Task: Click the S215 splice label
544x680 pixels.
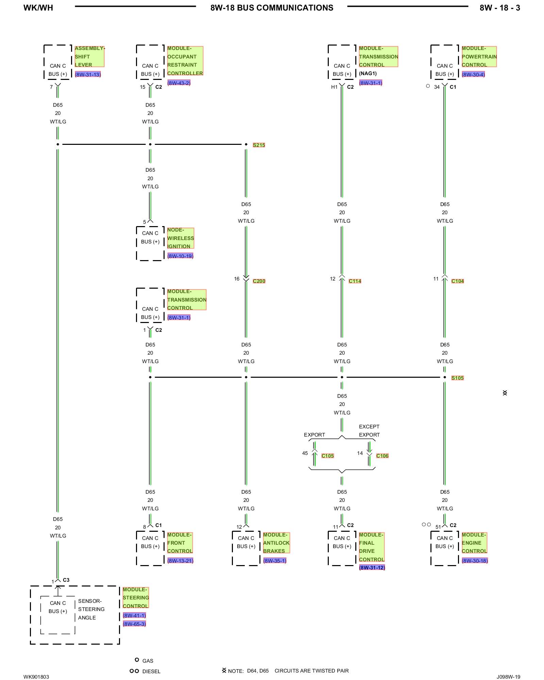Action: pos(259,145)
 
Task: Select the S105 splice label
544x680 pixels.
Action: pos(457,378)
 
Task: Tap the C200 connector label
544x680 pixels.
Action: pos(259,281)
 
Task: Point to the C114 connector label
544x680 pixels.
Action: pos(355,281)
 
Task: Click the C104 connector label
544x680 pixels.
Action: pos(457,281)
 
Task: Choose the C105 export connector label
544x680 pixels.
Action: pos(327,456)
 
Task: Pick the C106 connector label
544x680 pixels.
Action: pos(382,456)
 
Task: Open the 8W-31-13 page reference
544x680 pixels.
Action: pos(88,74)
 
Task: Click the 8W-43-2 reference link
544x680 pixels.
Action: pos(179,83)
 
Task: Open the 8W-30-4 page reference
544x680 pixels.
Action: pos(473,74)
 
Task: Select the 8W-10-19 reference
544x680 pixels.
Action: pos(180,256)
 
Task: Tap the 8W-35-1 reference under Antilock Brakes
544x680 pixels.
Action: pos(275,561)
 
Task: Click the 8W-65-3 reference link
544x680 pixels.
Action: pos(134,624)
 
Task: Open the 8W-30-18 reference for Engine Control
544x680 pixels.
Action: pos(475,561)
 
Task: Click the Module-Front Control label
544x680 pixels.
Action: pos(180,543)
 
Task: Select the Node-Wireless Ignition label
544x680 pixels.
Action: pos(181,238)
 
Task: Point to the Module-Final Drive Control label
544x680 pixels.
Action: pos(372,547)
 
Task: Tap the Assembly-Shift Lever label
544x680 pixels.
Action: pos(89,57)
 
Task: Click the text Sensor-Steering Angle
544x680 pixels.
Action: pos(91,609)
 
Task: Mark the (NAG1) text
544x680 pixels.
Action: pos(368,73)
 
